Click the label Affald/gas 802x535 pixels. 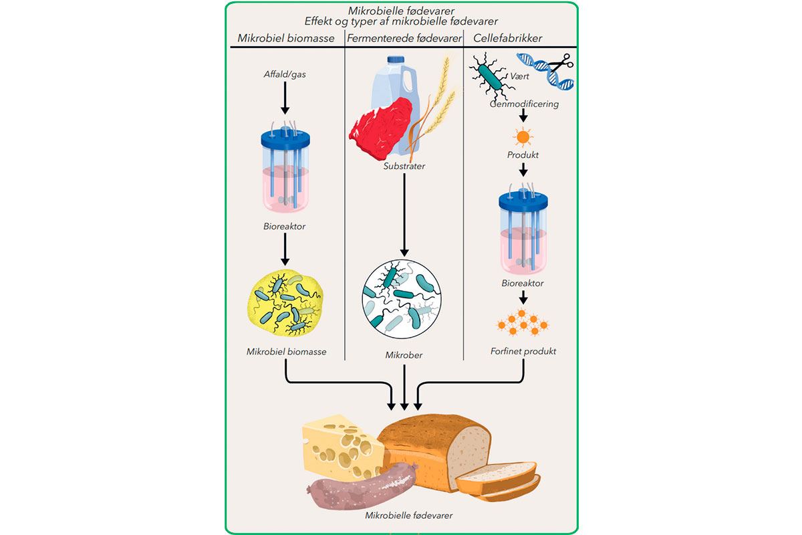285,74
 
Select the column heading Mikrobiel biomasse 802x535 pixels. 286,38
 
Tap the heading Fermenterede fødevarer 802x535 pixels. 404,38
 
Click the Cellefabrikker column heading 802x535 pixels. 507,38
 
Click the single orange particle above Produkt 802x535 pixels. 523,138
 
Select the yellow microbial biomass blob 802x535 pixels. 285,304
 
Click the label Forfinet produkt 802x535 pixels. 523,351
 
